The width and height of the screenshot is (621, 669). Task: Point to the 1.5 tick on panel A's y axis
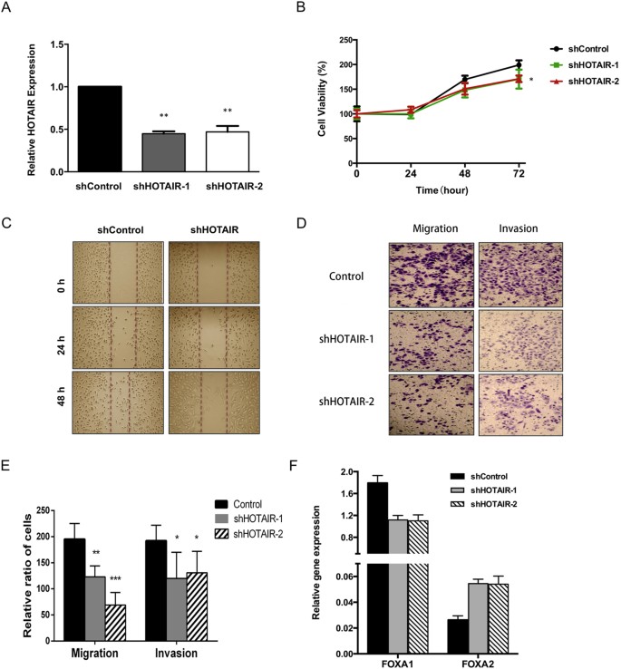[61, 44]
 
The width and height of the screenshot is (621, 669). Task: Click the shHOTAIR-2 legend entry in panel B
[587, 81]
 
